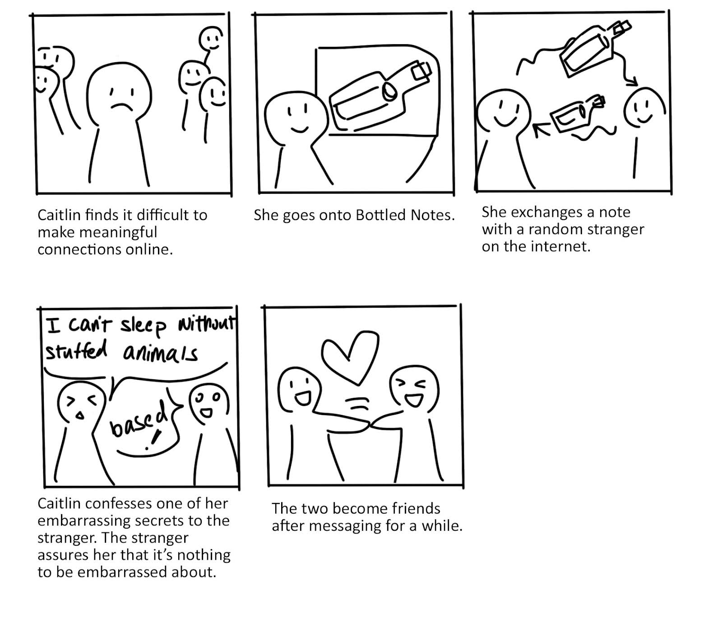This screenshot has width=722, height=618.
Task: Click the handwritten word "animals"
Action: [x=160, y=353]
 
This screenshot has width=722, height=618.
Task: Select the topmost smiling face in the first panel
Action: [x=211, y=39]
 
